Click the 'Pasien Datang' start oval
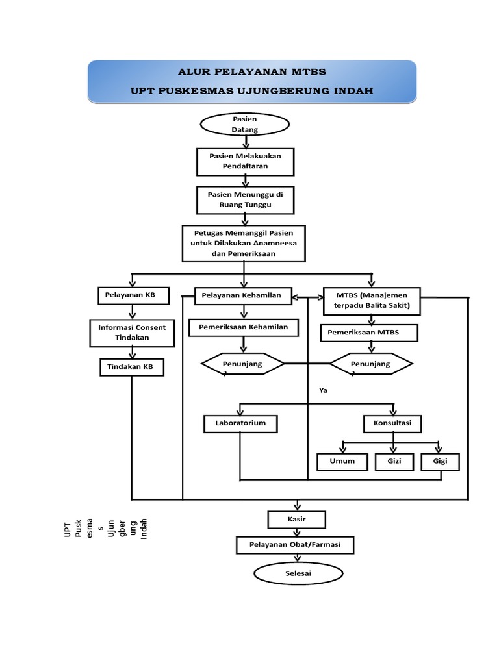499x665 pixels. (x=245, y=125)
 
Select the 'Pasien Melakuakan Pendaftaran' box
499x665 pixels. (x=245, y=161)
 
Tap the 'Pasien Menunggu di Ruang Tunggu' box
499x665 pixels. (x=245, y=199)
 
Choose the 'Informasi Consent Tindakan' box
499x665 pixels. (x=132, y=332)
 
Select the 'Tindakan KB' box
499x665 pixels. (x=132, y=368)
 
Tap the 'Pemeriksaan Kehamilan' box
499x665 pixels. (x=244, y=327)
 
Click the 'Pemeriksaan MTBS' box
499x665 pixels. (x=369, y=332)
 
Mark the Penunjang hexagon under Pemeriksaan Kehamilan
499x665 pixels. (x=242, y=365)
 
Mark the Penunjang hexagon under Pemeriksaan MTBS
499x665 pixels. (x=371, y=365)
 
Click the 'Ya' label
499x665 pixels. (x=323, y=392)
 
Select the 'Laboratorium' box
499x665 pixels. (x=240, y=424)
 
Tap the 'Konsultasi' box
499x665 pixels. (x=392, y=424)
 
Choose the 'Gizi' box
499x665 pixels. (x=394, y=462)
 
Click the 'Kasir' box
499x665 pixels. (x=297, y=520)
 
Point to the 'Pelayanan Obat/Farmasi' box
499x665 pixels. (x=296, y=545)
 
